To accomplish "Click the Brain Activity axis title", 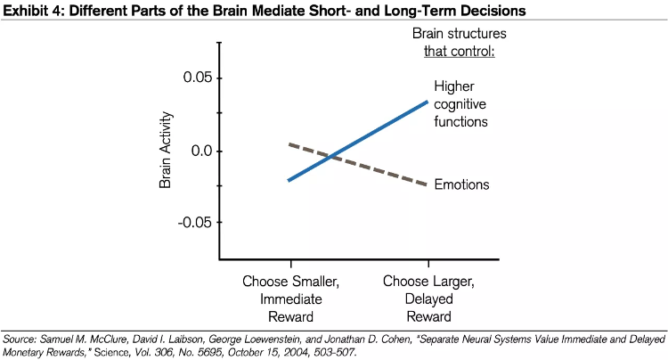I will point(165,151).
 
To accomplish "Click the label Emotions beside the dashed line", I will point(462,184).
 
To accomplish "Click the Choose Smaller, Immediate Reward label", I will point(290,299).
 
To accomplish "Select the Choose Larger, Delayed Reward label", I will point(429,299).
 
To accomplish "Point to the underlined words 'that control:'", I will point(459,49).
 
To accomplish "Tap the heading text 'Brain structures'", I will point(459,33).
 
